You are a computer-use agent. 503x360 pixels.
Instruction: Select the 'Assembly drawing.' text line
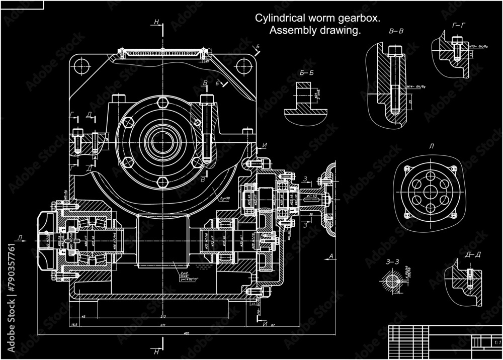(x=316, y=31)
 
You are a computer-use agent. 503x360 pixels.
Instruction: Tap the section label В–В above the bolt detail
(x=396, y=32)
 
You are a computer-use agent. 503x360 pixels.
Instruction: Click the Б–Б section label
(x=306, y=73)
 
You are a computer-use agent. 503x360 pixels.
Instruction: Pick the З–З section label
(x=392, y=262)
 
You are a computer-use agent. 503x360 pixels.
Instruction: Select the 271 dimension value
(x=162, y=326)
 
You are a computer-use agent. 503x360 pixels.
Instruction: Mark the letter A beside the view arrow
(x=331, y=256)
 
